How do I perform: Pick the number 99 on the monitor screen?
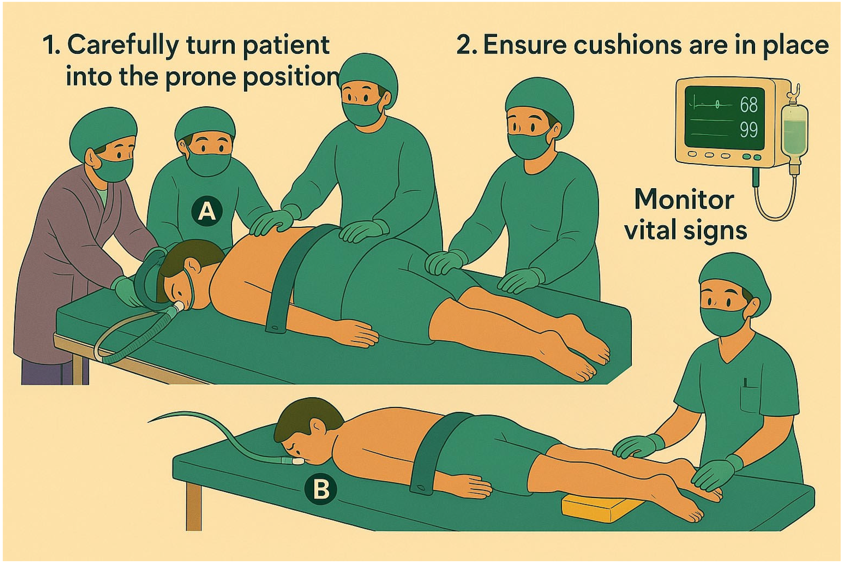click(749, 130)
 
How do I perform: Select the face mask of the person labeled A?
click(209, 164)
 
